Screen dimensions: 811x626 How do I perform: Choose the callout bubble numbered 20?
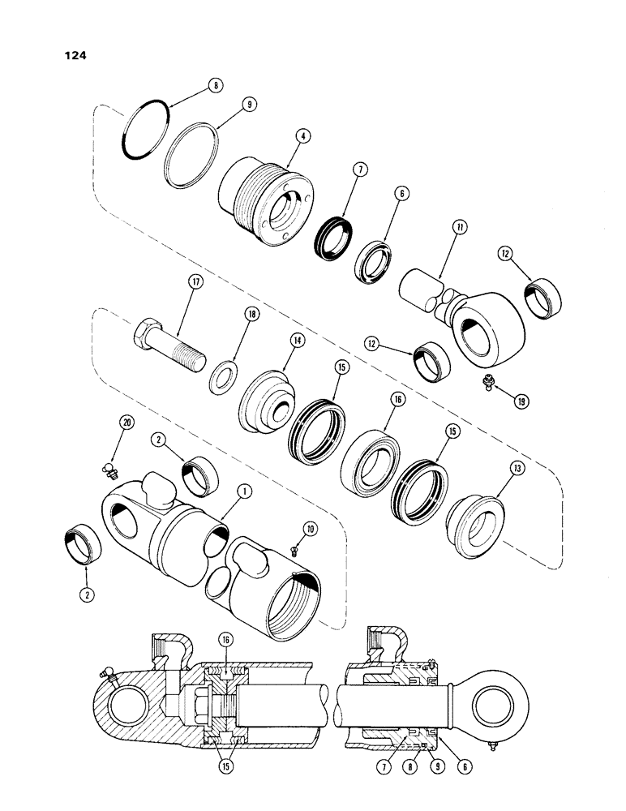click(x=125, y=421)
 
